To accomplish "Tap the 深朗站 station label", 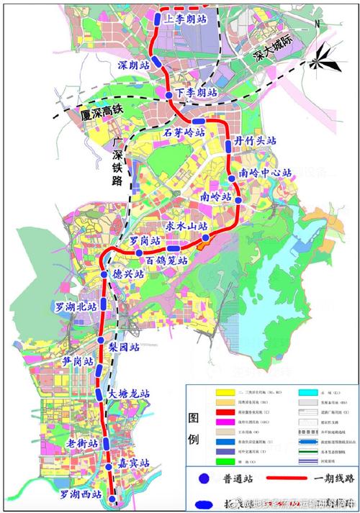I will click(133, 65).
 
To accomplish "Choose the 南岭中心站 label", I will click(266, 173).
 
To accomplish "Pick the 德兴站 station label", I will click(129, 275).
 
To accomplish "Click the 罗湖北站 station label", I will click(76, 307).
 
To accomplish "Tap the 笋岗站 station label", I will click(78, 361).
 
